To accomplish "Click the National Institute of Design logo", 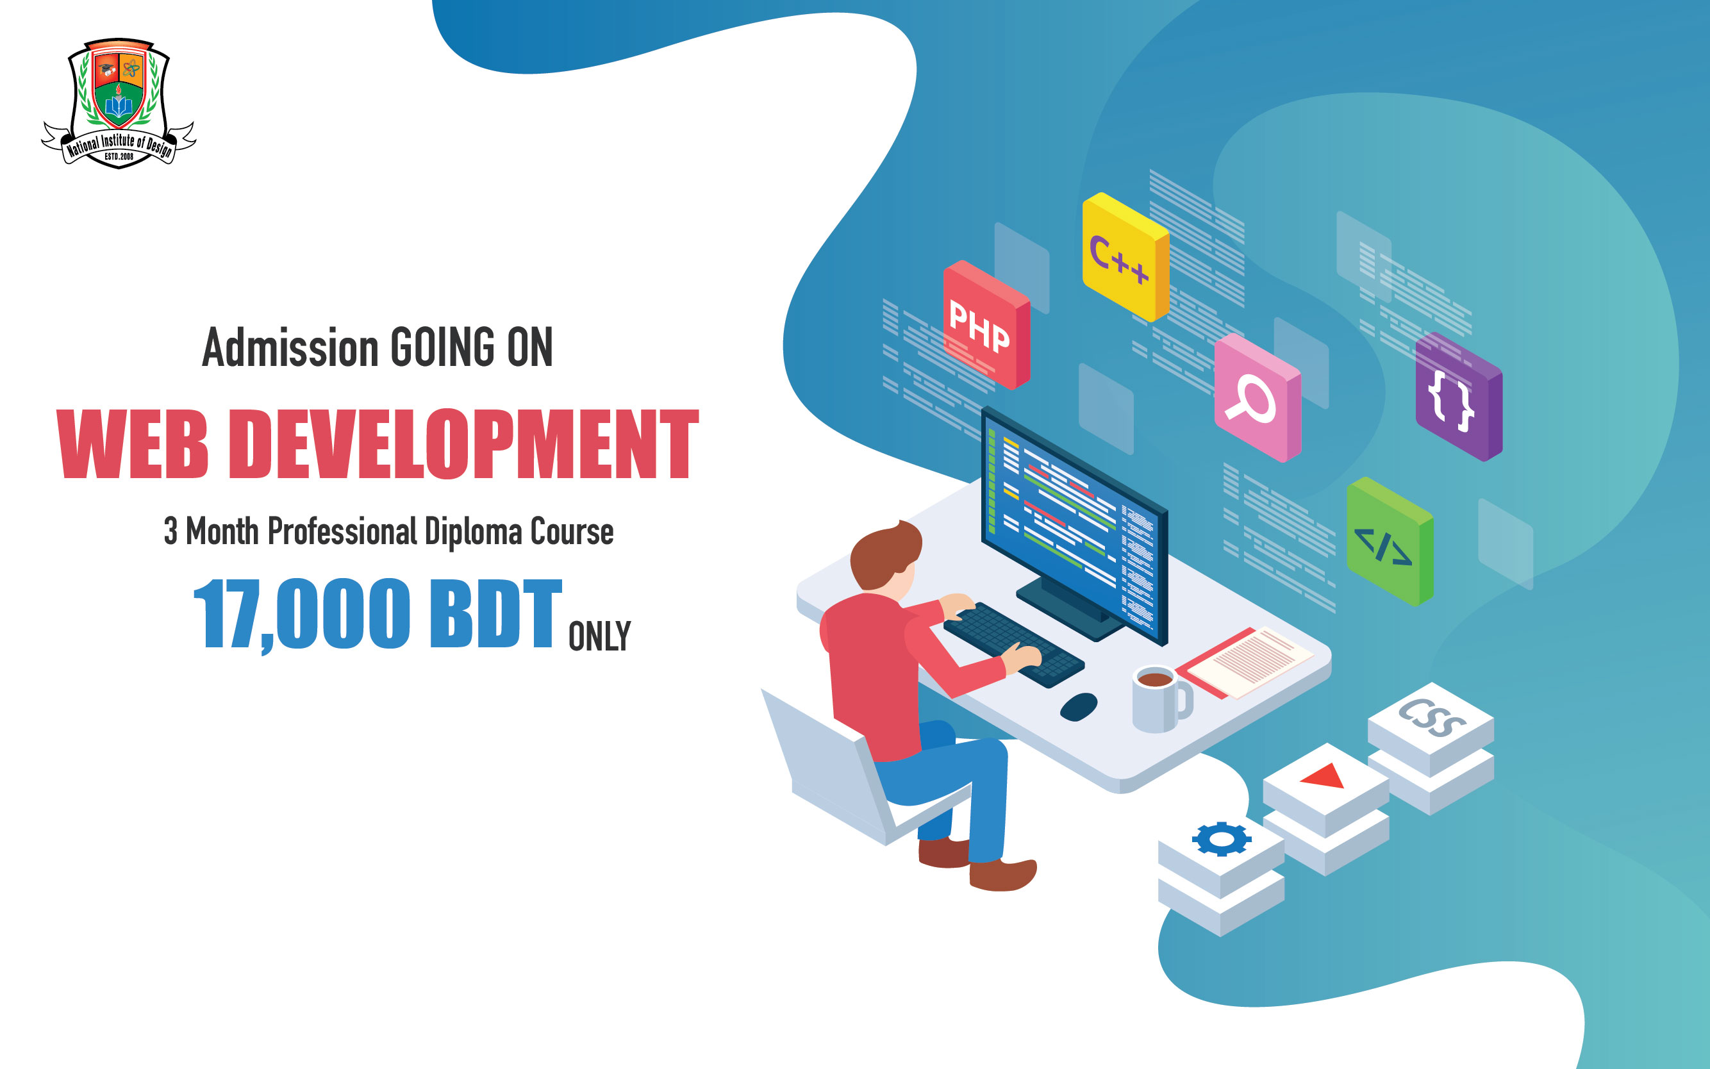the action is (118, 103).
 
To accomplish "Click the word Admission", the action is (290, 349).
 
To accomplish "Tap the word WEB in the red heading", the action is (133, 443).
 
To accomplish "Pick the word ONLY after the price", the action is (599, 636).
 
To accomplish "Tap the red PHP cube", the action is (986, 324).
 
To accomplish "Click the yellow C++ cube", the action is (1125, 256).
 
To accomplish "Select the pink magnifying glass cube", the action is (1258, 398).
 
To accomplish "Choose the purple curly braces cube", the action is (1459, 397).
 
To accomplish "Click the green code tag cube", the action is (1390, 542).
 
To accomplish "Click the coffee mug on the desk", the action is (1160, 699).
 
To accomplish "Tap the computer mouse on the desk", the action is (1079, 706).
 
